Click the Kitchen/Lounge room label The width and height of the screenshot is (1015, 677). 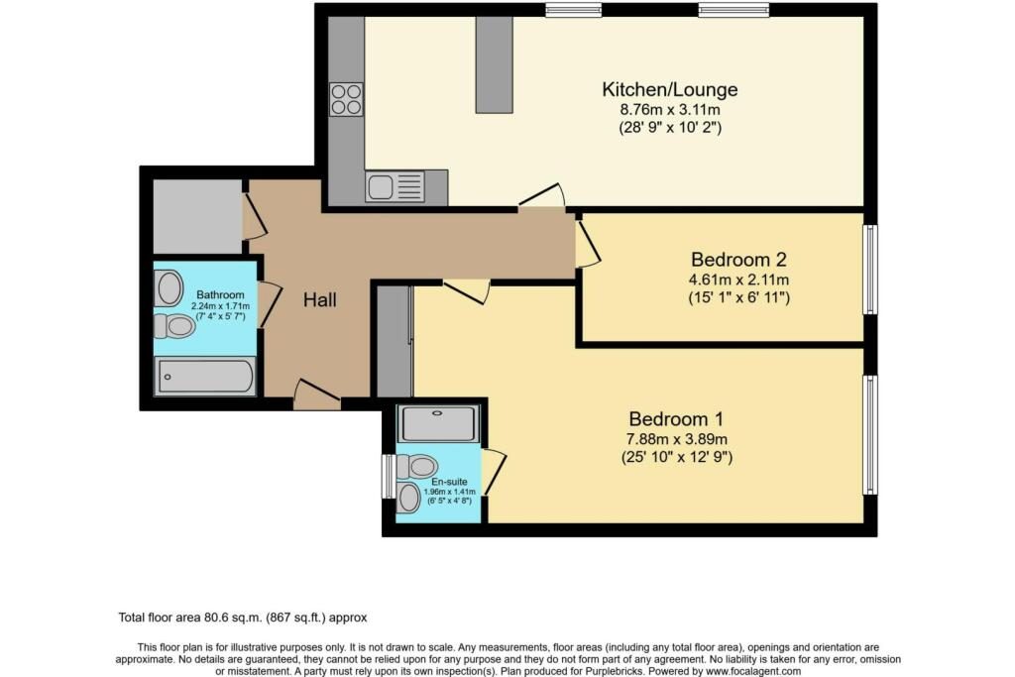click(669, 89)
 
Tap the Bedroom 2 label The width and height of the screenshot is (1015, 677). click(738, 260)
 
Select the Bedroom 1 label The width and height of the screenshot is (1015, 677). click(676, 418)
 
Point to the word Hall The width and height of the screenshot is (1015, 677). click(320, 299)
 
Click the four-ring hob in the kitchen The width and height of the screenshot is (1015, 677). click(346, 100)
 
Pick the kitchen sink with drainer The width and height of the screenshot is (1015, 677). click(395, 186)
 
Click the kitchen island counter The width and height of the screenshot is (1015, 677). click(495, 64)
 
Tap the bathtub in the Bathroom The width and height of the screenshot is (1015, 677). click(204, 376)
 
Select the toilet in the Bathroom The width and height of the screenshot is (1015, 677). click(174, 325)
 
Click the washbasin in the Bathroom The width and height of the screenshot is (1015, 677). click(169, 288)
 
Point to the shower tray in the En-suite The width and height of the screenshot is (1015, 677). click(439, 423)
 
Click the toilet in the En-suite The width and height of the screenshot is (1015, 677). click(416, 465)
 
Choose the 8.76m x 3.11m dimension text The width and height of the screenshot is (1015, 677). click(670, 109)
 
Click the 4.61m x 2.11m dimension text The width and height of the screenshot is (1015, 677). click(738, 281)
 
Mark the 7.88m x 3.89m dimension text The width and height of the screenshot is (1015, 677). click(676, 439)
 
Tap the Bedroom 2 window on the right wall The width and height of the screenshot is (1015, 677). click(871, 270)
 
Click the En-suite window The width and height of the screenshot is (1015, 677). click(388, 476)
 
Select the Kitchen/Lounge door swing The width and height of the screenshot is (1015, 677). click(542, 196)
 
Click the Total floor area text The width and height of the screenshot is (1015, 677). click(243, 618)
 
